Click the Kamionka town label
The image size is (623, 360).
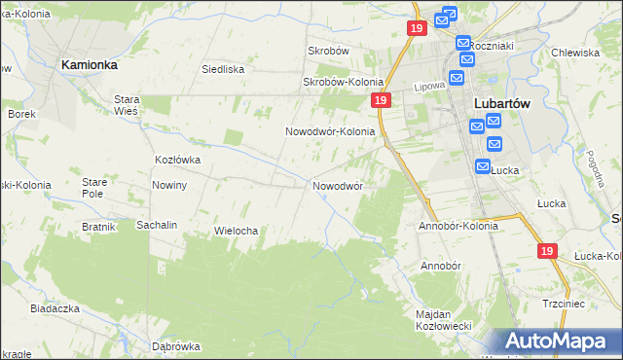(89, 63)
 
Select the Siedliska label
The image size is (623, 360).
(222, 69)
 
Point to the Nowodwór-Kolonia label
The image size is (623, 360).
(330, 131)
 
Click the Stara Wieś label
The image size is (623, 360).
(128, 105)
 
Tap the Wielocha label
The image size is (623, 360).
(235, 231)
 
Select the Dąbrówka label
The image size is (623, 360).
(175, 346)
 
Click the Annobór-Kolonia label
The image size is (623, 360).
(458, 226)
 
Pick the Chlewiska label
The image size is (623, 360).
(573, 54)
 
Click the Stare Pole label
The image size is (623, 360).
(93, 188)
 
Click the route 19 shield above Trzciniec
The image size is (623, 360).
(546, 251)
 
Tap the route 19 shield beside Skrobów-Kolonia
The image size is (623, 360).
(380, 101)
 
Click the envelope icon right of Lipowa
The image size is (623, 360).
(456, 79)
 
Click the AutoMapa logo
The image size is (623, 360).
(559, 341)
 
